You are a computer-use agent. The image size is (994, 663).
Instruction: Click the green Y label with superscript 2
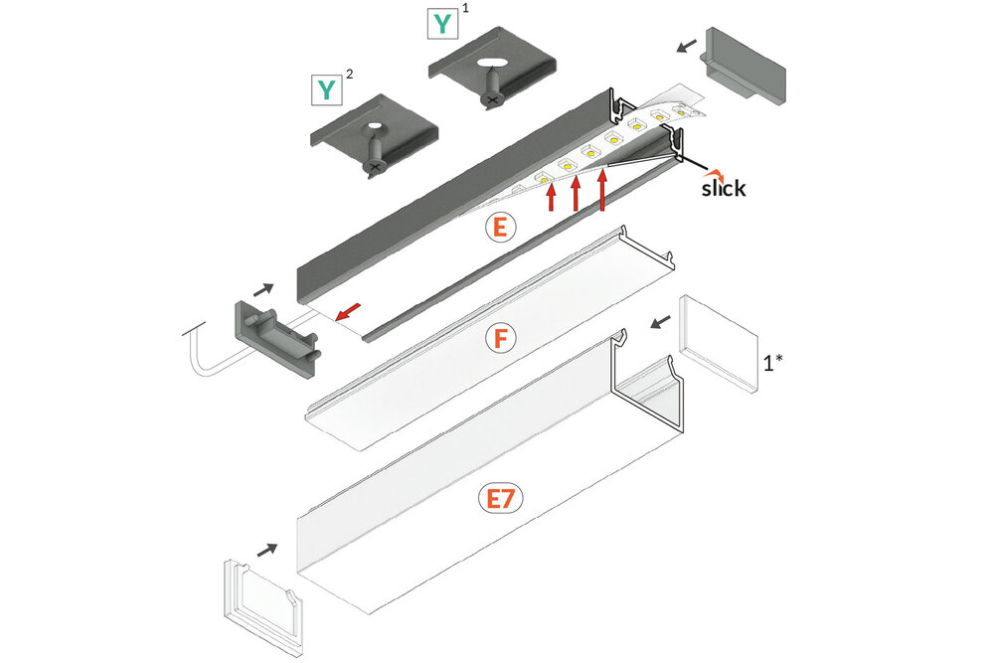click(326, 90)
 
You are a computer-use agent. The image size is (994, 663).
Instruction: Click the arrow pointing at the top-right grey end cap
click(686, 46)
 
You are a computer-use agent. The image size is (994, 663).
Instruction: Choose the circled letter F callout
click(502, 339)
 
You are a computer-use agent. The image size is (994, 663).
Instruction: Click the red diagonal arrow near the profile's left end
click(348, 313)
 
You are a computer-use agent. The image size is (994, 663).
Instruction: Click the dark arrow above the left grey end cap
click(263, 289)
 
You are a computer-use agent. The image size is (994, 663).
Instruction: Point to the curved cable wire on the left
click(204, 353)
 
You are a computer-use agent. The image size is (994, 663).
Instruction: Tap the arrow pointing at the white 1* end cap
click(659, 321)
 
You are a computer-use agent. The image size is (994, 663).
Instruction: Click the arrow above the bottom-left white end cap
click(267, 549)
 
